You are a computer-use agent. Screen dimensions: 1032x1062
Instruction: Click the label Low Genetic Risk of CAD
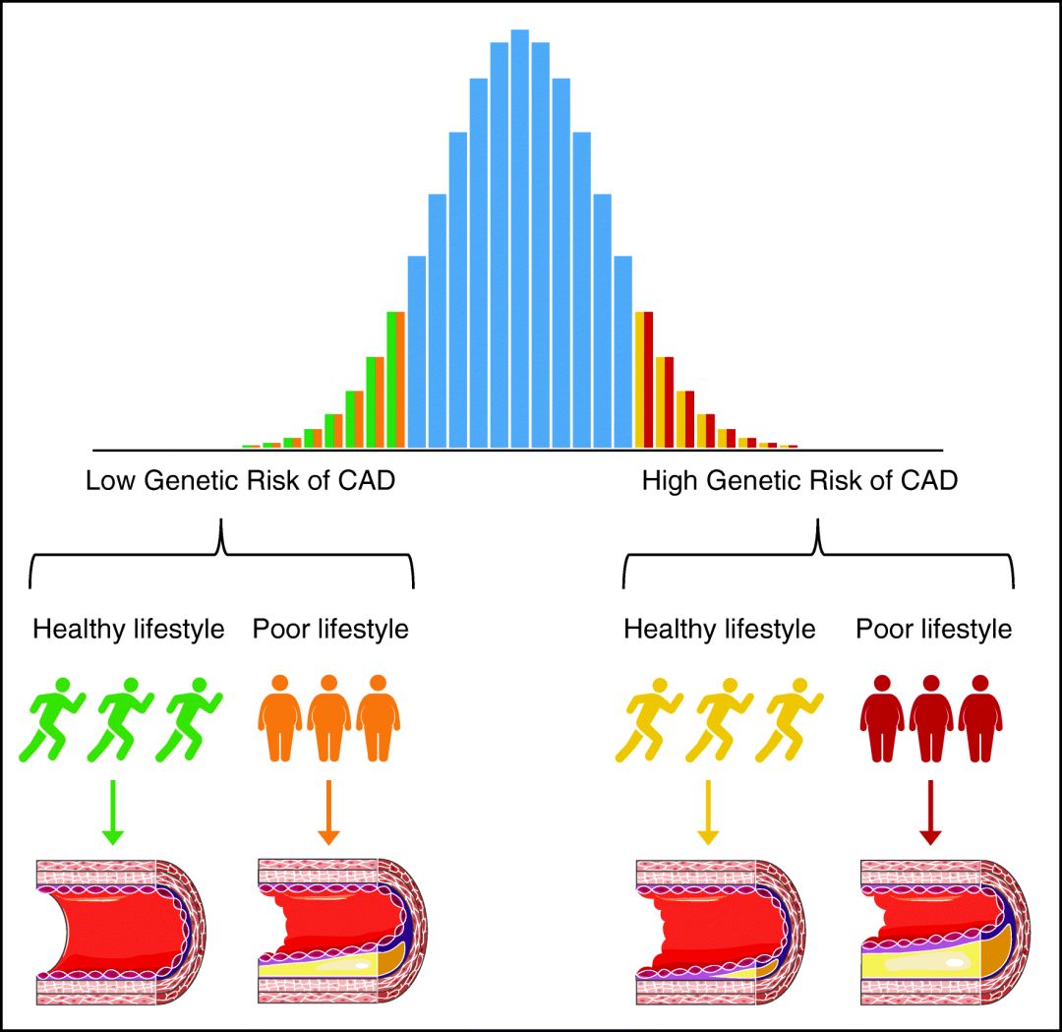241,482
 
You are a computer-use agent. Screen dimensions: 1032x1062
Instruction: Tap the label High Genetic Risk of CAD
799,482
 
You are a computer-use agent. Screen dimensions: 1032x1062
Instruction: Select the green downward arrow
113,812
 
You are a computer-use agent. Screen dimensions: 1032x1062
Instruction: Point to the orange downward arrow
329,812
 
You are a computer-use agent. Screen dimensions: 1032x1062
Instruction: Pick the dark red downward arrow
929,812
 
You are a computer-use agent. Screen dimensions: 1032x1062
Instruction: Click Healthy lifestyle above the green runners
129,629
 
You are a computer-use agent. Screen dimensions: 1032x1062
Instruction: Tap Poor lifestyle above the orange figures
330,629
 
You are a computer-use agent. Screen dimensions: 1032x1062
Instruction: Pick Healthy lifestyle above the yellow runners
720,629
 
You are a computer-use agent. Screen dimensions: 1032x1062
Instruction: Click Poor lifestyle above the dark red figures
933,629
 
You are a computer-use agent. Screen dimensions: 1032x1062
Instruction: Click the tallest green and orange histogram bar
396,380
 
